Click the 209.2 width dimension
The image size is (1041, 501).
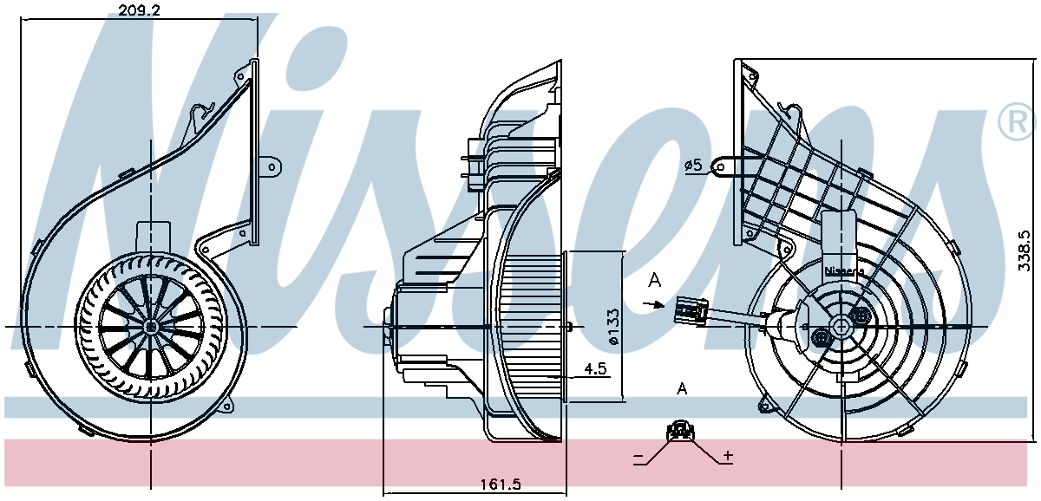click(139, 10)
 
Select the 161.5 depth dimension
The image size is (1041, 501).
click(501, 485)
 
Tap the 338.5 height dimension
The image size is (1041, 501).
click(1025, 251)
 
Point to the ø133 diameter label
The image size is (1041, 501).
click(613, 327)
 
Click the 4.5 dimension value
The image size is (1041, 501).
click(596, 369)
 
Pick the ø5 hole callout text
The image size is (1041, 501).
click(693, 165)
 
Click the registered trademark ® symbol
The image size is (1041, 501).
click(1018, 121)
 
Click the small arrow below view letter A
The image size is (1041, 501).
click(654, 304)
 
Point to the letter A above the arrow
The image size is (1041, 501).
click(655, 280)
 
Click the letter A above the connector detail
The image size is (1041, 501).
click(682, 388)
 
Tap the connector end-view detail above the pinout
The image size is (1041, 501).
click(680, 431)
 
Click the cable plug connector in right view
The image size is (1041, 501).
click(691, 309)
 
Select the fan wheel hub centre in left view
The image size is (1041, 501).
click(151, 327)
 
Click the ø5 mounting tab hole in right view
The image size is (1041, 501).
click(720, 167)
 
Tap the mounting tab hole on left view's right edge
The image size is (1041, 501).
click(272, 167)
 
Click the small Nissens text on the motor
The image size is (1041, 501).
click(844, 270)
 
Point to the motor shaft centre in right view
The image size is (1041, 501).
click(841, 327)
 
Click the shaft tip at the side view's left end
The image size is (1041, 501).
click(386, 327)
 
